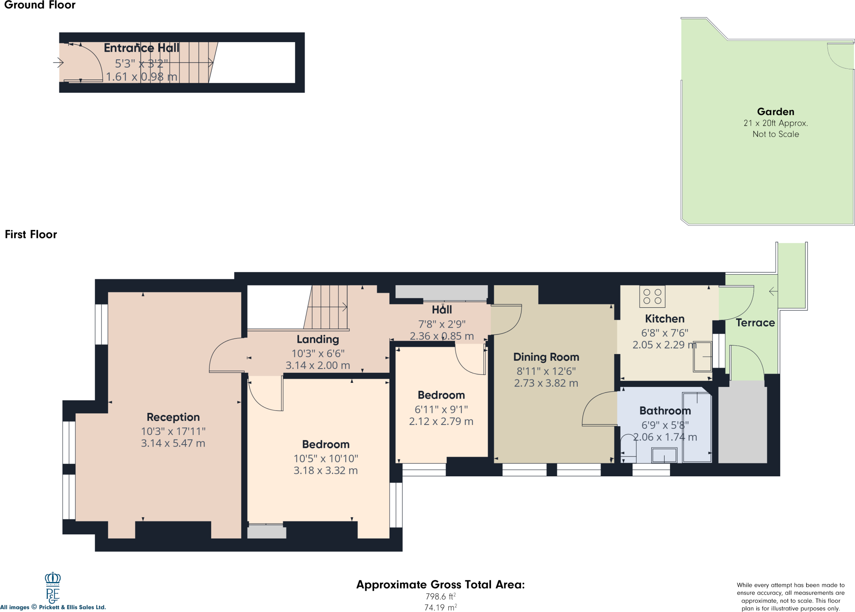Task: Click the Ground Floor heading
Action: (x=40, y=5)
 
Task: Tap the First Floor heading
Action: (x=31, y=235)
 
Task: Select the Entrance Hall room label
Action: (x=141, y=48)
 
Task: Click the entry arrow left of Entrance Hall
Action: (x=58, y=63)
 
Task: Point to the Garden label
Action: (x=775, y=112)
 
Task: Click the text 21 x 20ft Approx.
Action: (x=775, y=123)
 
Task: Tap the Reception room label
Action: (x=173, y=417)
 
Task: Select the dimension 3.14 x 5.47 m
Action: (x=173, y=443)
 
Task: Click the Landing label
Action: (x=318, y=339)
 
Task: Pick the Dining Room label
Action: (x=546, y=357)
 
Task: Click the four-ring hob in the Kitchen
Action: (x=652, y=296)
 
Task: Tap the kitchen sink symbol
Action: (x=702, y=357)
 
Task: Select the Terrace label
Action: (x=755, y=323)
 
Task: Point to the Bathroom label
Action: (x=665, y=411)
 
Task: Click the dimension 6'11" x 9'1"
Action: (x=441, y=410)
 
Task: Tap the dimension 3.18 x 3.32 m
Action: (x=325, y=471)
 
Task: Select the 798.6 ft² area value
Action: (x=440, y=597)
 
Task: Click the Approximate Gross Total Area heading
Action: (x=440, y=584)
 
